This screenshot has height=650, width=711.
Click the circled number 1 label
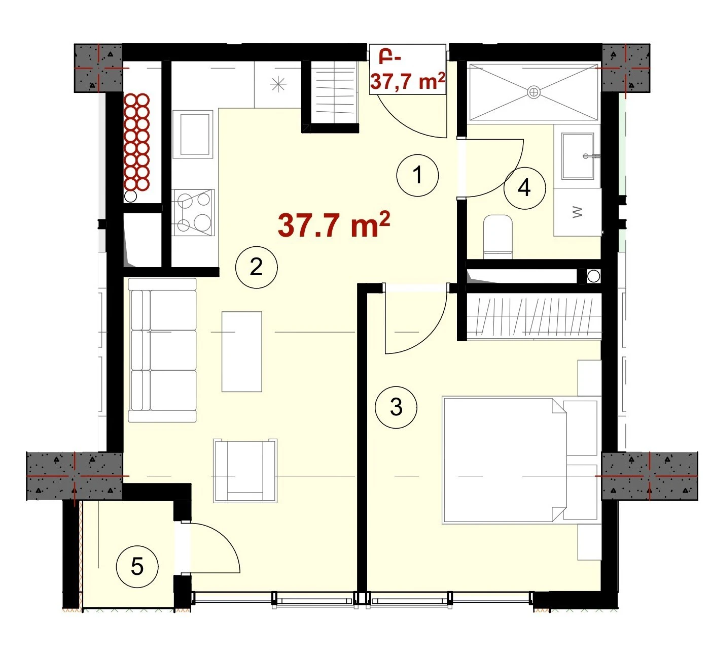point(417,175)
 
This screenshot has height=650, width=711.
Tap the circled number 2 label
point(256,267)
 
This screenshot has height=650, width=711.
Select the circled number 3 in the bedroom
point(396,407)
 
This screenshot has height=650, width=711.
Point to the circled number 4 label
point(524,188)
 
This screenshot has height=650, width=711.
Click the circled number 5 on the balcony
point(137,566)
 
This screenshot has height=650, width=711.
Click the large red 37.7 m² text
point(334,225)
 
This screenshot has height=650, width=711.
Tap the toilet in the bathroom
point(497,236)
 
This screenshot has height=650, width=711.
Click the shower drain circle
point(534,92)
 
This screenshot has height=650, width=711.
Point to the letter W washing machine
point(578,212)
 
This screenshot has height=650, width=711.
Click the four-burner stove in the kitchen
point(193,212)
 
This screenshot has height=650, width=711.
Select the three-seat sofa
point(162,350)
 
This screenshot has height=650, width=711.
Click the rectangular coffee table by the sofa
point(242,351)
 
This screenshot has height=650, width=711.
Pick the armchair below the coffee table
point(245,471)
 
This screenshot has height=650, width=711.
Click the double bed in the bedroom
point(520,461)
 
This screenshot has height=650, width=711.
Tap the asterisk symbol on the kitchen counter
point(278,84)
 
